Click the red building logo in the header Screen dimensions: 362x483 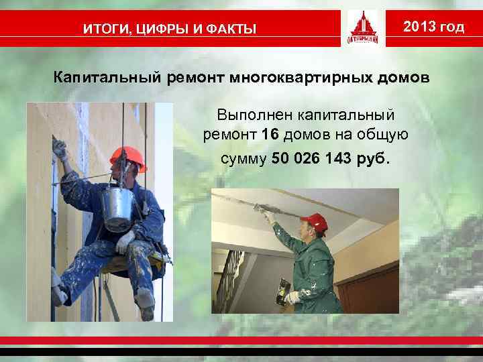[x=363, y=28]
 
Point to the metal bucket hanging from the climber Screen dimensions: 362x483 [x=119, y=208]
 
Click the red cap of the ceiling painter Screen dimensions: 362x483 [x=313, y=222]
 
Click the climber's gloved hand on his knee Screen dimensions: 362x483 [x=125, y=241]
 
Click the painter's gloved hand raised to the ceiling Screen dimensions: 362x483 [x=270, y=216]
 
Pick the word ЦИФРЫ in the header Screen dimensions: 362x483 [x=168, y=29]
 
